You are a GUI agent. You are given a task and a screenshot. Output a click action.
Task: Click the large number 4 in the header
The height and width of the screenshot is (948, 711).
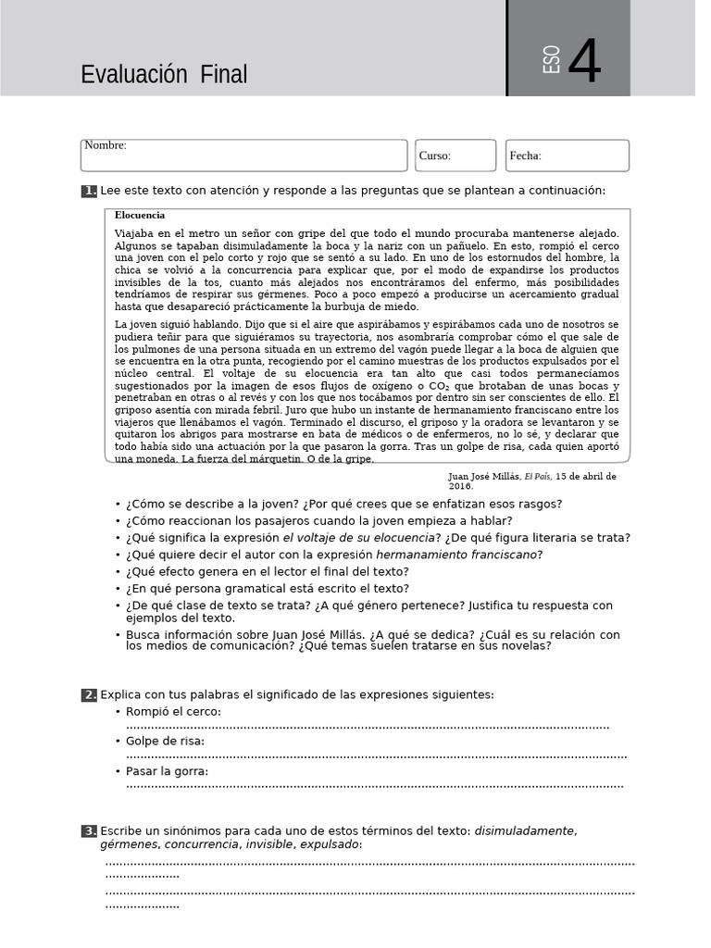pos(584,63)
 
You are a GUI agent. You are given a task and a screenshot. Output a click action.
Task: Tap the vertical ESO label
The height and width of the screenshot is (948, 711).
pos(552,61)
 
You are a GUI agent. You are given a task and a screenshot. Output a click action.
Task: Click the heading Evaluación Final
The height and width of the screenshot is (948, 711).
pos(164,75)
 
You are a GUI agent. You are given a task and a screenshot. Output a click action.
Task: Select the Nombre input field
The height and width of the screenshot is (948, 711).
pos(243,156)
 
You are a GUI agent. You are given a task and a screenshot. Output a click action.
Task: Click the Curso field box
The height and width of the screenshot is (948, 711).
pos(455,156)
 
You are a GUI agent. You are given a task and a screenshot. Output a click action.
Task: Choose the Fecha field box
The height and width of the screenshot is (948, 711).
pos(567,156)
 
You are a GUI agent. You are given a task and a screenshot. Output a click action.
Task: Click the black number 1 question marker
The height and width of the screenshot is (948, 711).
pos(89,191)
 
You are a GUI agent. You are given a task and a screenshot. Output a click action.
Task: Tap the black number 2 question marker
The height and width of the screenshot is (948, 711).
pos(89,695)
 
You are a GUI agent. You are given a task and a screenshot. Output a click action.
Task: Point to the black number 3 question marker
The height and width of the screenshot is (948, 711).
pos(89,831)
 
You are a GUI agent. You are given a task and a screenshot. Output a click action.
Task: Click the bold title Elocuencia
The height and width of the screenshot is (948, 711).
pos(140,215)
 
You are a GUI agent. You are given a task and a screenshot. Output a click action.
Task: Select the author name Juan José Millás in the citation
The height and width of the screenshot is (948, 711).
pos(483,477)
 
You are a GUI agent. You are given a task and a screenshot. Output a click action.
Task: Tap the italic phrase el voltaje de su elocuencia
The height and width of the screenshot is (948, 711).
pos(358,538)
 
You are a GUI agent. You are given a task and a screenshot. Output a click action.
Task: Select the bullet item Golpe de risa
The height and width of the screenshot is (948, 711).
pos(165,742)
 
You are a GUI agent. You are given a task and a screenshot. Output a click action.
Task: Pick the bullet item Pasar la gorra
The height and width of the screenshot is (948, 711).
pos(167,771)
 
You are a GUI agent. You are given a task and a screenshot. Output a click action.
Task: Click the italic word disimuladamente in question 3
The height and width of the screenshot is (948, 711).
pos(525,830)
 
